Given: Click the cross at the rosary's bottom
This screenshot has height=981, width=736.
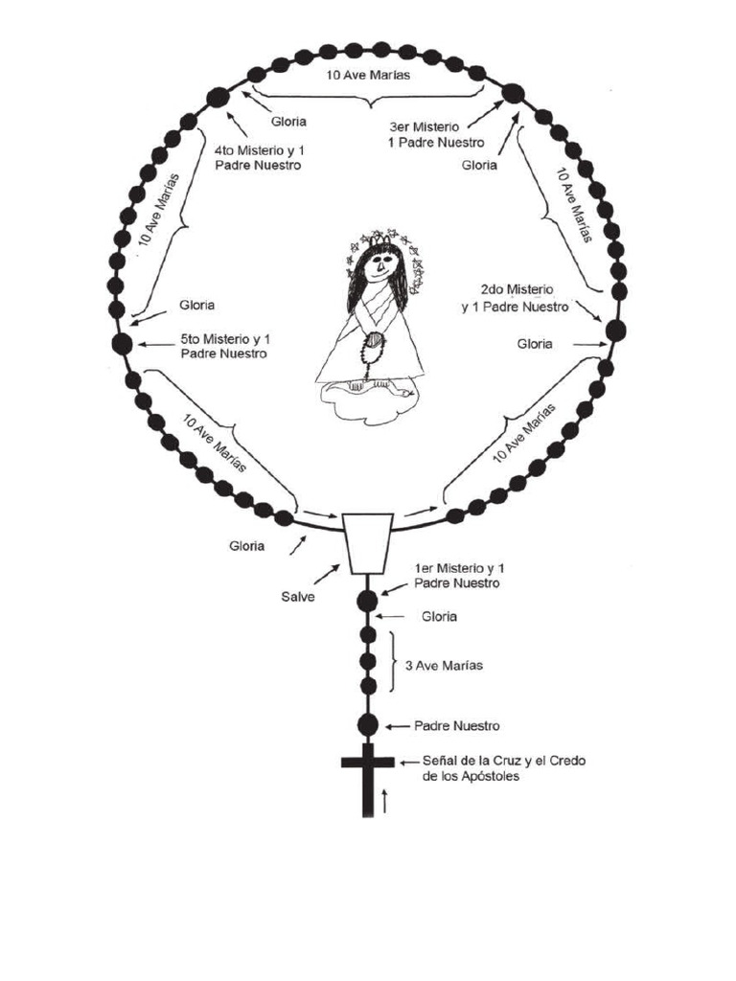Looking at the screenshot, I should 367,772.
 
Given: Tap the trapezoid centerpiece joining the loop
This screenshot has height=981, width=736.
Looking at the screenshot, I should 367,543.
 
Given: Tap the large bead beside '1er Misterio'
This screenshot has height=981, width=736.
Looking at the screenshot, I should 367,601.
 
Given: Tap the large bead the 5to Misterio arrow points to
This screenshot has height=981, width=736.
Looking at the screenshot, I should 123,344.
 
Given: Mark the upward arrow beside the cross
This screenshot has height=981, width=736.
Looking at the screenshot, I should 385,800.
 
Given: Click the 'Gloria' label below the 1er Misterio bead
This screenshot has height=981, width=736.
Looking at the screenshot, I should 439,617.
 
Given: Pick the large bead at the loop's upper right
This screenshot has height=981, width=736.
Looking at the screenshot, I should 514,94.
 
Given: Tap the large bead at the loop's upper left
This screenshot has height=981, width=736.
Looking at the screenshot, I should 218,96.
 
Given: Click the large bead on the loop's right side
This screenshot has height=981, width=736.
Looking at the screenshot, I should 615,331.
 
